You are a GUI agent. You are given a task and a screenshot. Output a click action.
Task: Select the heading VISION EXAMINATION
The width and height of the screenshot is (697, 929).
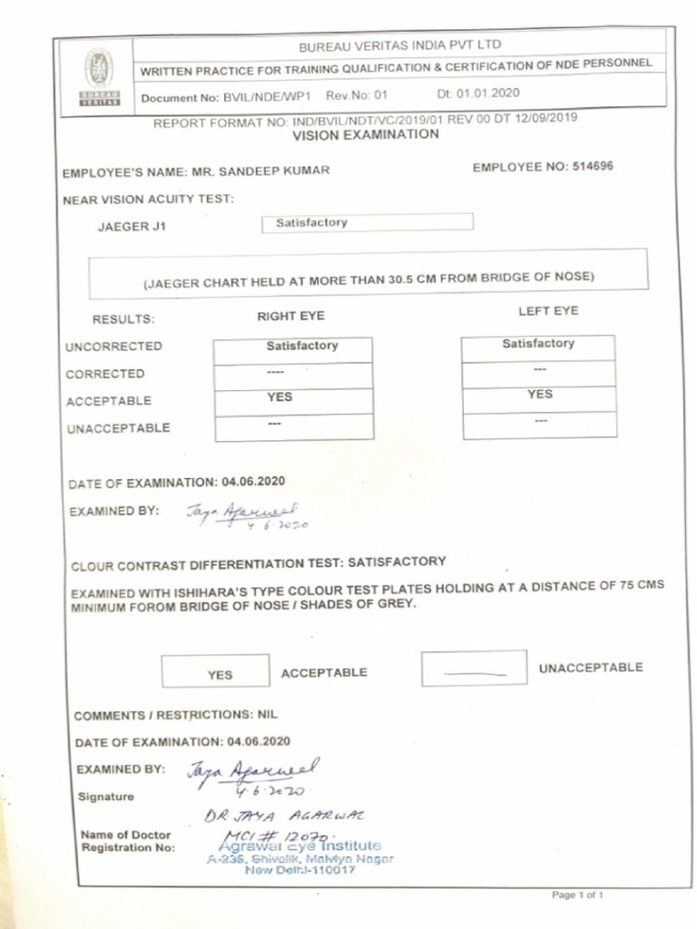pyautogui.click(x=365, y=134)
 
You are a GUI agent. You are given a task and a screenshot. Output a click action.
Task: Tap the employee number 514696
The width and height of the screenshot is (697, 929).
pyautogui.click(x=594, y=167)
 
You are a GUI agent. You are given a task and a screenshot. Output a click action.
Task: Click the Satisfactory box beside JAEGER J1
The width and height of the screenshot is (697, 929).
pyautogui.click(x=367, y=222)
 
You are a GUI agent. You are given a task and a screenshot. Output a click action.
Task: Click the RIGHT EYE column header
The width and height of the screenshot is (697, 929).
pyautogui.click(x=290, y=317)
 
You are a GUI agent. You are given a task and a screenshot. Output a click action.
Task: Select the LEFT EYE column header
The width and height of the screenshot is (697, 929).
pyautogui.click(x=547, y=311)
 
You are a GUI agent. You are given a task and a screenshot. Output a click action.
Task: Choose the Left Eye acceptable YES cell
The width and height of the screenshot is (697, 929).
pyautogui.click(x=539, y=396)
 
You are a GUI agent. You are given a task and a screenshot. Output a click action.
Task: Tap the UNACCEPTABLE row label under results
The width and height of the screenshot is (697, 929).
pyautogui.click(x=118, y=428)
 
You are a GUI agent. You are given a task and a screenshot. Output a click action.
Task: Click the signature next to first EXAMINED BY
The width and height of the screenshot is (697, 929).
pyautogui.click(x=246, y=515)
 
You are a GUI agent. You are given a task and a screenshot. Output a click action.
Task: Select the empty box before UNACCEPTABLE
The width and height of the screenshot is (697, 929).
pyautogui.click(x=474, y=669)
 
